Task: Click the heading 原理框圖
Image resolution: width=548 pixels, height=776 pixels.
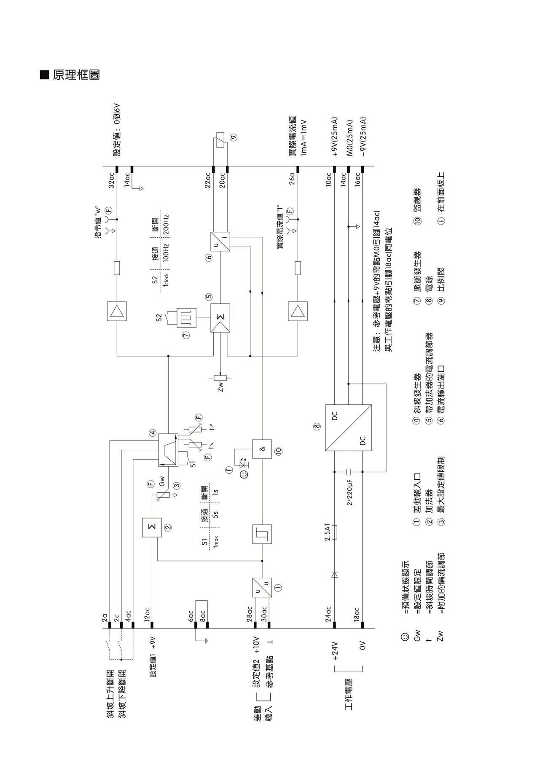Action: point(76,75)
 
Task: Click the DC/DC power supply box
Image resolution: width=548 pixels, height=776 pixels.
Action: point(348,427)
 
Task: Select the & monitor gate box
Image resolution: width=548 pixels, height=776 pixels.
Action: point(262,449)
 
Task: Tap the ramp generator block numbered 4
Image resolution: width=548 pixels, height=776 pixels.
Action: point(168,450)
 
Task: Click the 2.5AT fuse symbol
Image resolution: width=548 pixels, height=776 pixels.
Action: point(335,532)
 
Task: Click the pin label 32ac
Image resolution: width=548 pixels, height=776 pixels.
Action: point(111,180)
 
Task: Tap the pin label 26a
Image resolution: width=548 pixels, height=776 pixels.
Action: point(292,179)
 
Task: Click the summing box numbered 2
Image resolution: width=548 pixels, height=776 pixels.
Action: point(152,527)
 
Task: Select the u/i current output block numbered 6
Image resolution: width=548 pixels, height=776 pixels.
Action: point(220,242)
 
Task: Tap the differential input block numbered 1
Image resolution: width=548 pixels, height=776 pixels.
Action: point(262,587)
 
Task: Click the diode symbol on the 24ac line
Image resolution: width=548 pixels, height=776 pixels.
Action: point(335,574)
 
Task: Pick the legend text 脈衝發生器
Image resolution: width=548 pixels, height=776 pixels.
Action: point(417,271)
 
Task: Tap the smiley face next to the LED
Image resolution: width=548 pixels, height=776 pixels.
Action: point(244,475)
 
